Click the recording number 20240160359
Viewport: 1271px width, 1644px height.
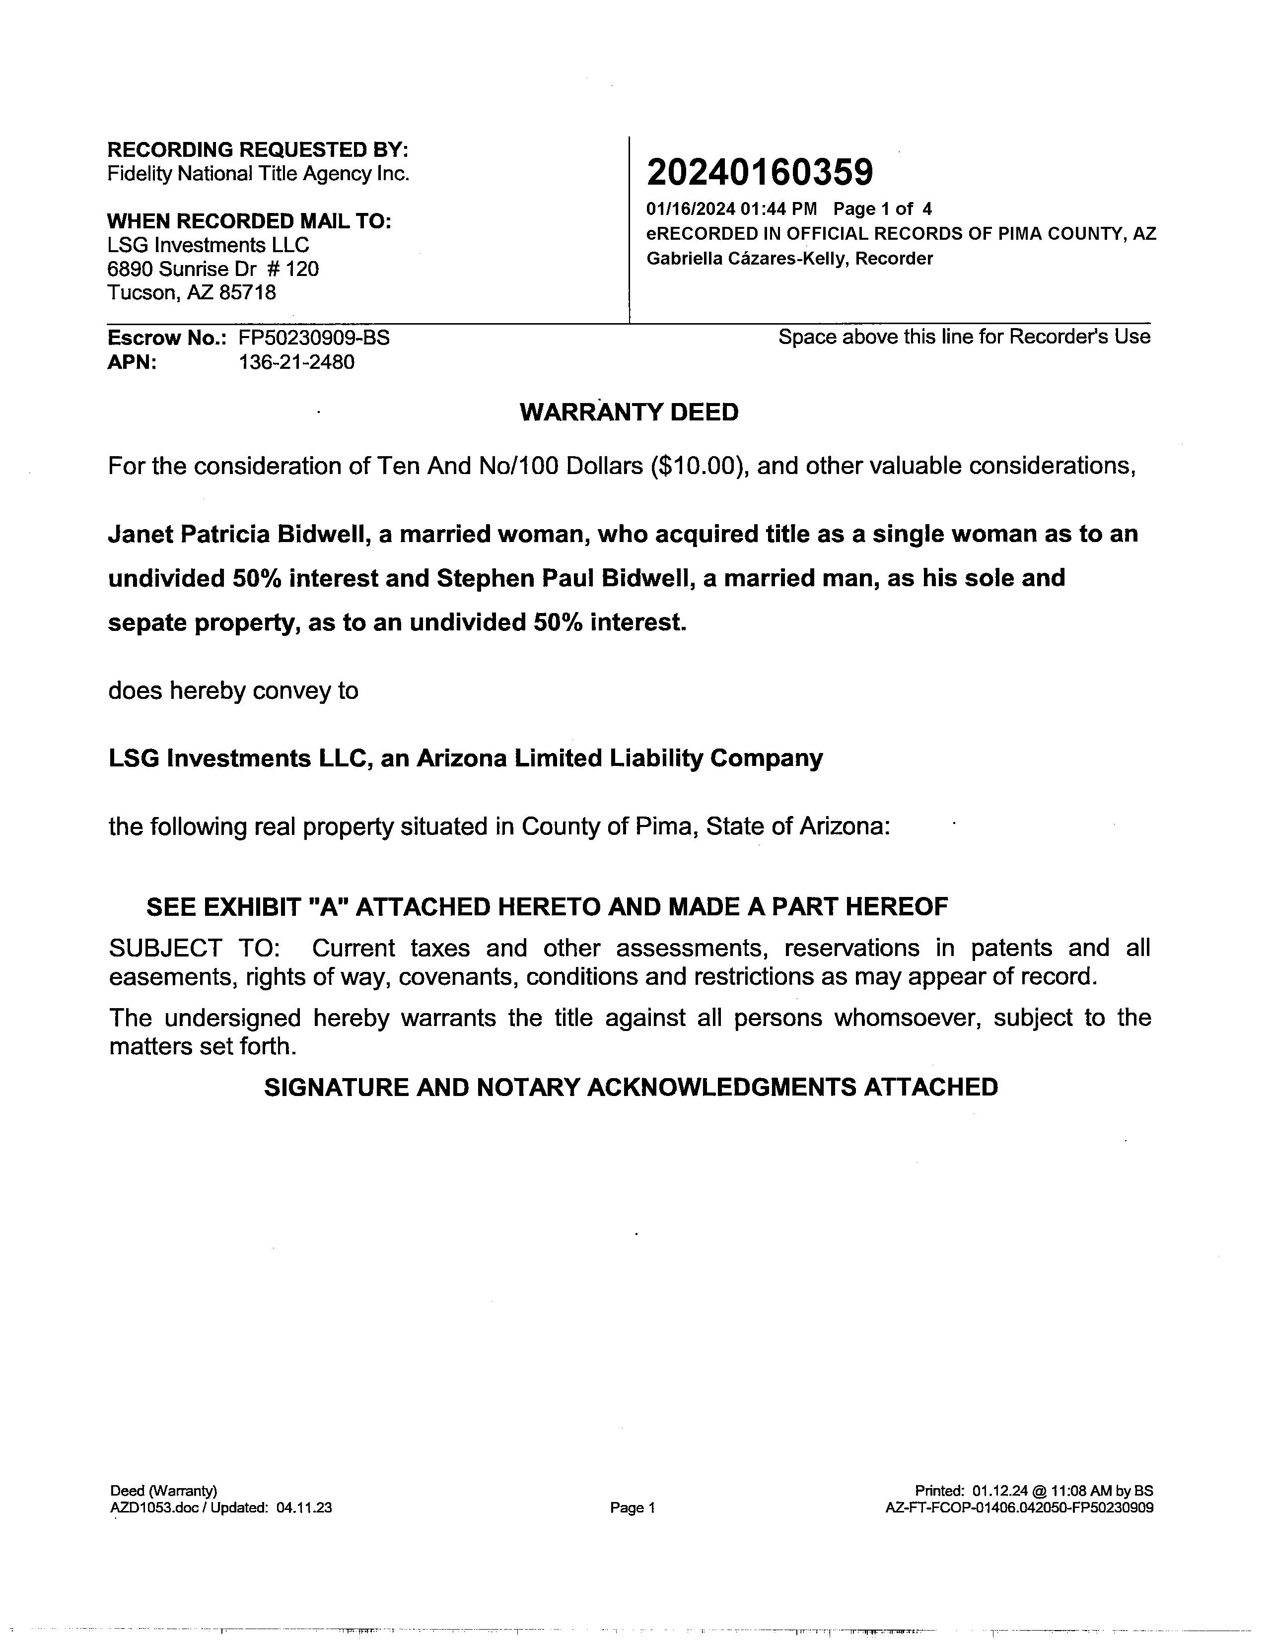tap(759, 172)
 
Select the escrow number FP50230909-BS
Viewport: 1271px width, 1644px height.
tap(314, 338)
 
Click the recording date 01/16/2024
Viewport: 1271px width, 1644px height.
tap(690, 208)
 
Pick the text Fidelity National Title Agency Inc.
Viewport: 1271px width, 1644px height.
tap(258, 174)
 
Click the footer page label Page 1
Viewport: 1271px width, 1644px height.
tap(633, 1508)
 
